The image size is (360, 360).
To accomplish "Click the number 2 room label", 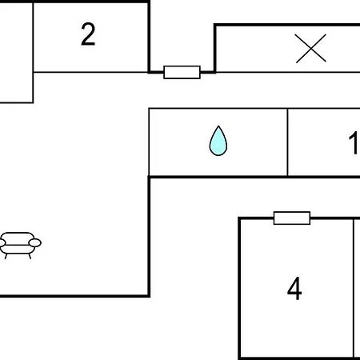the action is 88,34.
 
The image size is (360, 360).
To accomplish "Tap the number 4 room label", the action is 294,288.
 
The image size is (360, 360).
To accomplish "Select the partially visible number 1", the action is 354,142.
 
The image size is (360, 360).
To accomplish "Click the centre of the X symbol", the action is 311,48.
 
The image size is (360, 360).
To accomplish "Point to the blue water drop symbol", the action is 218,141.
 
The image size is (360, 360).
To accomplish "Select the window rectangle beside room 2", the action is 182,72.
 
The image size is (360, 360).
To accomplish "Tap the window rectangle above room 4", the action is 292,218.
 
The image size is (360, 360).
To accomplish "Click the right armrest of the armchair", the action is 35,242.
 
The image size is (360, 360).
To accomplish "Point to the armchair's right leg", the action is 30,256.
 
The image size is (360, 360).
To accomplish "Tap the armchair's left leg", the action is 6,256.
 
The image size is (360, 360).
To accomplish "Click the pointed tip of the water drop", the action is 218,126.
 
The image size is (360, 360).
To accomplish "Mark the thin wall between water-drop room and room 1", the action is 287,142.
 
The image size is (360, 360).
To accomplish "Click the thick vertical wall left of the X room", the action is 214,48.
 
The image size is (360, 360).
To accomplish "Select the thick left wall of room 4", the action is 239,289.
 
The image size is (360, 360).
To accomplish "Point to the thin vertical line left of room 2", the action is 33,52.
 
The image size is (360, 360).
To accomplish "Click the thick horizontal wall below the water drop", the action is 254,177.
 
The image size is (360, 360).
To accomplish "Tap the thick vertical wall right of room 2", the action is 149,37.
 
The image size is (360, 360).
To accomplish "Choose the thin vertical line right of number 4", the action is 354,289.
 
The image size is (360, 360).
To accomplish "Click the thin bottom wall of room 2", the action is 90,72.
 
